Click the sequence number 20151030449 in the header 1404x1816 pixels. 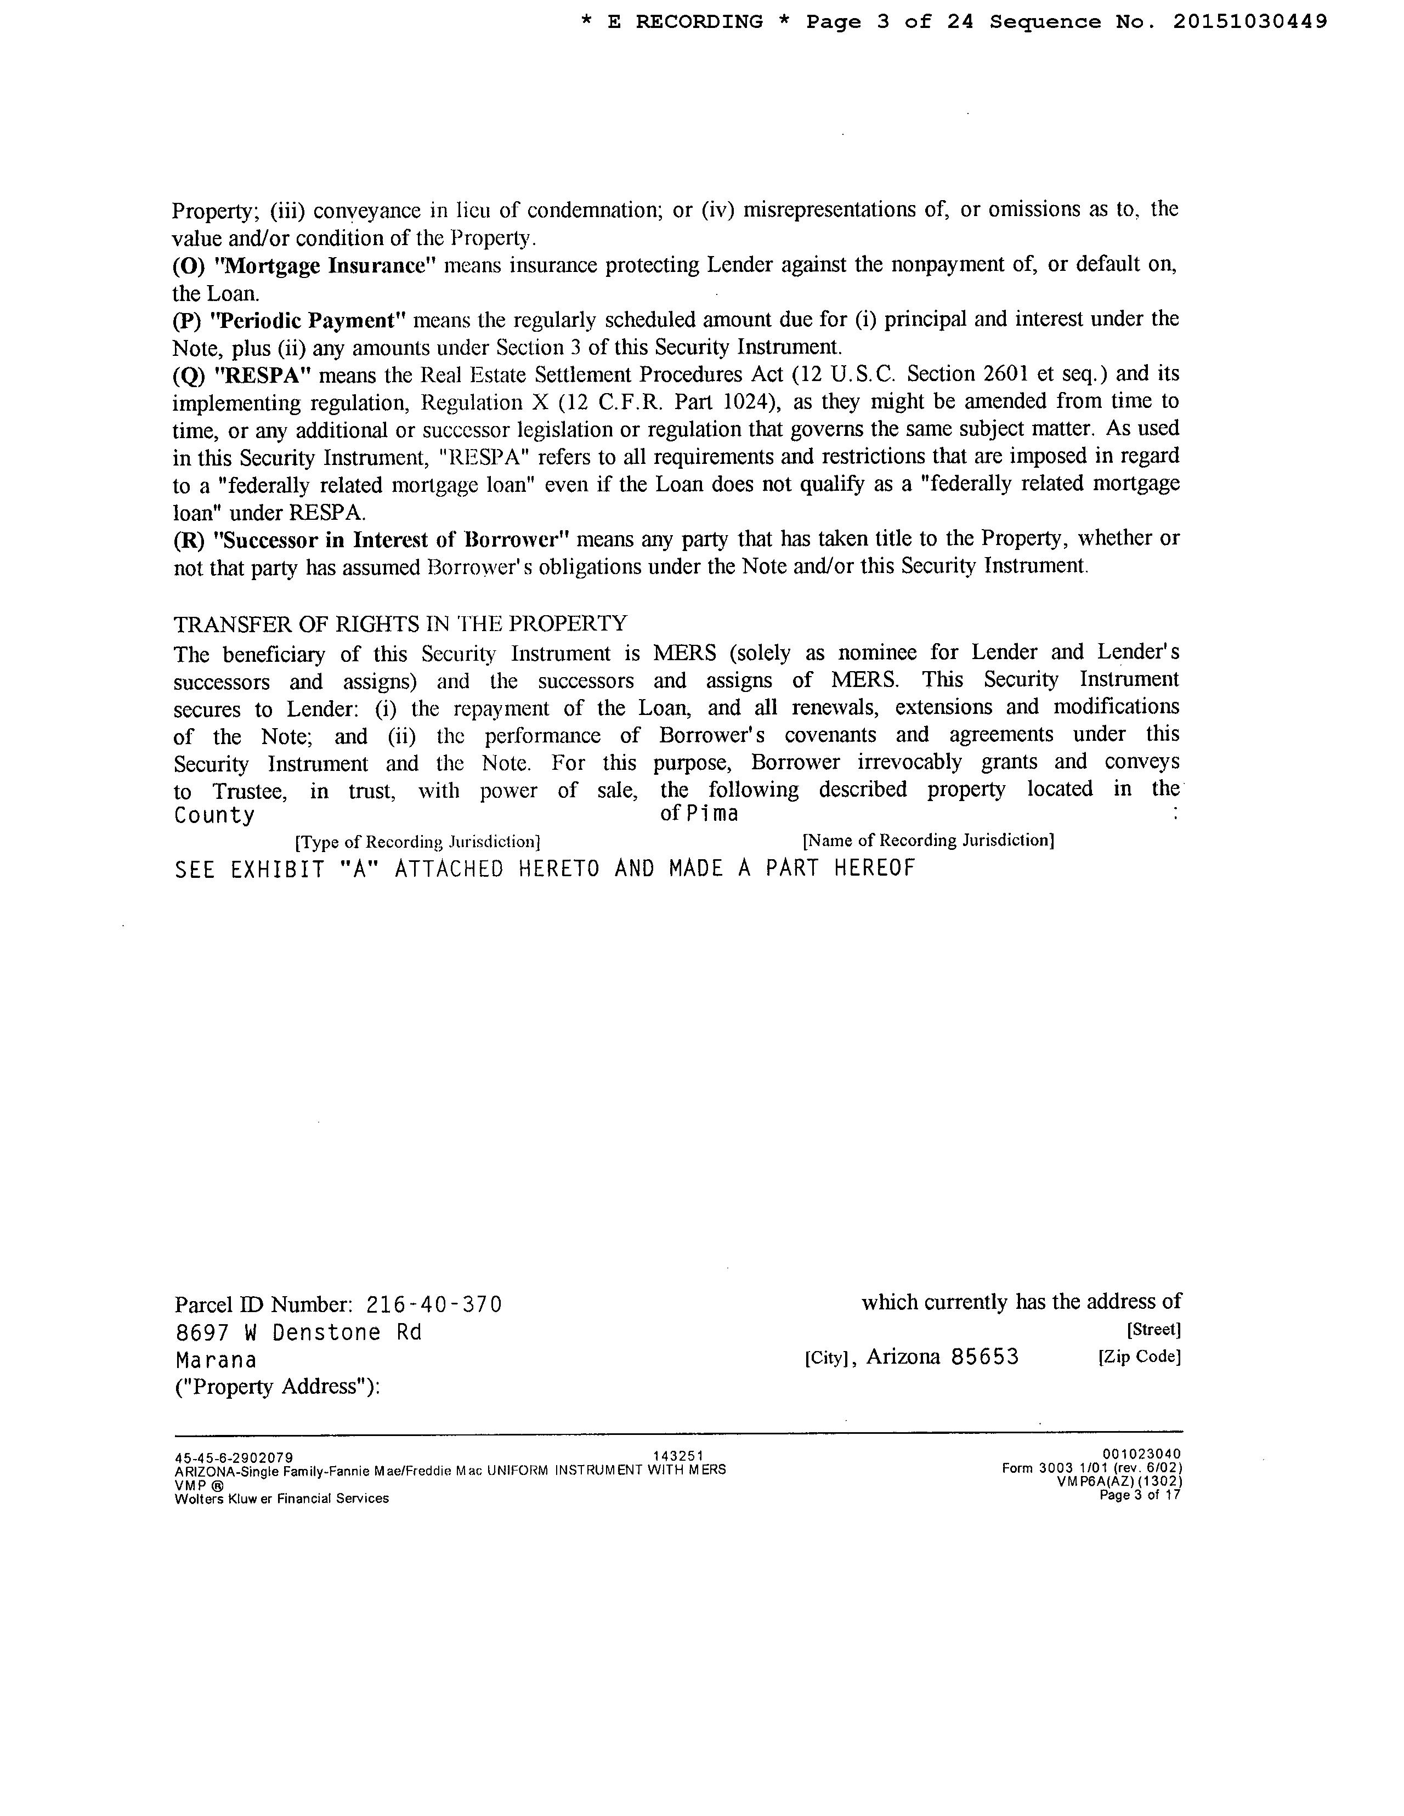pos(1249,22)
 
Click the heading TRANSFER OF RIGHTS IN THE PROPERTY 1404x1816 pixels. pos(400,623)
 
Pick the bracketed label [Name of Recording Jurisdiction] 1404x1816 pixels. pos(929,841)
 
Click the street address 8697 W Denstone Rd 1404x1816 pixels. pos(298,1333)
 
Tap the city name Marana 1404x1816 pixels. pos(216,1360)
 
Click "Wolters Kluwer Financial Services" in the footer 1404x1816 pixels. pos(281,1499)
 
